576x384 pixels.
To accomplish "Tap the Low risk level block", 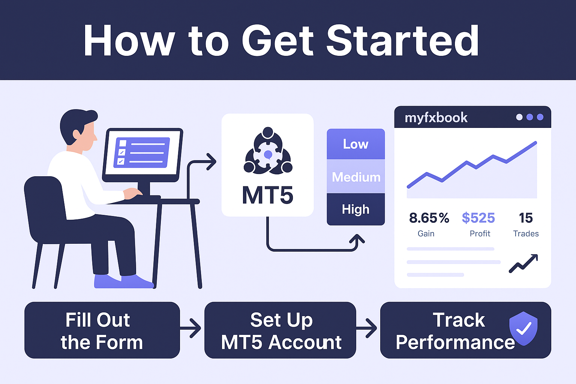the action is click(x=355, y=144).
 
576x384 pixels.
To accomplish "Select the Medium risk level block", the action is click(x=355, y=177).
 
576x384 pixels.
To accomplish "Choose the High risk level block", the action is click(x=355, y=209).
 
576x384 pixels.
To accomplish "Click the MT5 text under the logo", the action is click(x=267, y=195).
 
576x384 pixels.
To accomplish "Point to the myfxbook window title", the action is click(x=436, y=118).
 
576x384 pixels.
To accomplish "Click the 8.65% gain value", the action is click(x=429, y=218).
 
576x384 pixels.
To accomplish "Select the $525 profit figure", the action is click(x=478, y=218).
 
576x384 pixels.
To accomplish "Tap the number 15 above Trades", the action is click(x=526, y=218).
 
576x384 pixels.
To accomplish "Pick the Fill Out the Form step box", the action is click(x=102, y=330).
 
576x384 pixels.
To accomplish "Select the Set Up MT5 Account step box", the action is click(x=280, y=330).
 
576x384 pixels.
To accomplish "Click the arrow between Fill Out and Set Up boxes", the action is click(x=190, y=328).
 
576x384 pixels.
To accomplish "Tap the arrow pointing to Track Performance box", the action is click(x=367, y=328).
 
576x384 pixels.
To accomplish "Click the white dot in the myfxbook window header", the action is click(x=519, y=117).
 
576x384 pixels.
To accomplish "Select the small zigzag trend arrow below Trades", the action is click(x=523, y=263).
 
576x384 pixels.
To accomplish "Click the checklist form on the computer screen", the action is click(x=142, y=153).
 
